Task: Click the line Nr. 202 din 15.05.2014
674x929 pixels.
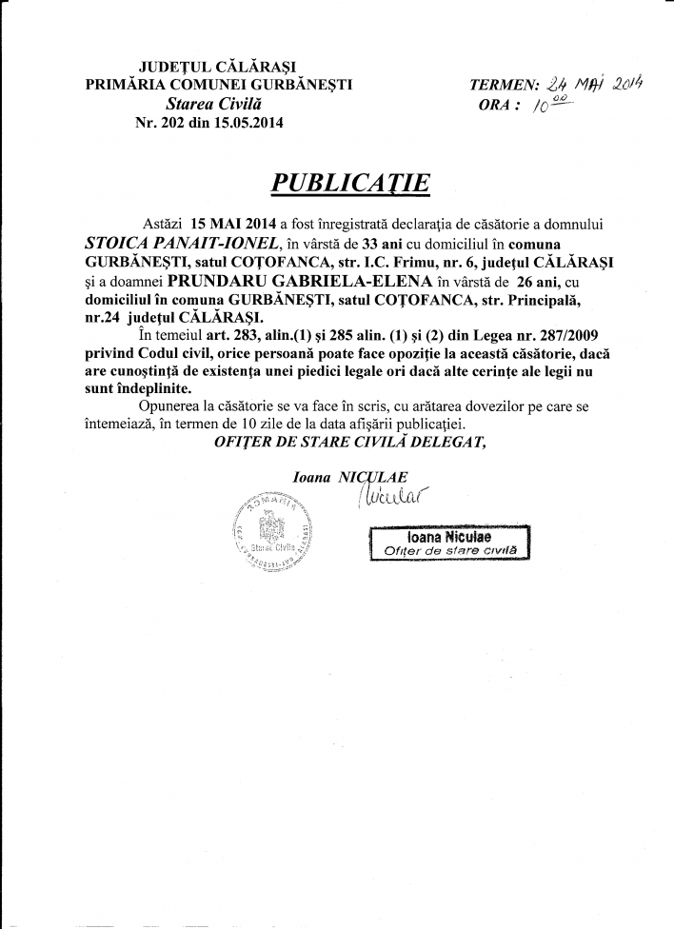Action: coord(210,122)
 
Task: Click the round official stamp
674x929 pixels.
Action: coord(271,533)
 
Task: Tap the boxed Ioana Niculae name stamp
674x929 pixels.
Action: coord(446,544)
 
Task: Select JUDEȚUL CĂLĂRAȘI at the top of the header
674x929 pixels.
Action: coord(204,67)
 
